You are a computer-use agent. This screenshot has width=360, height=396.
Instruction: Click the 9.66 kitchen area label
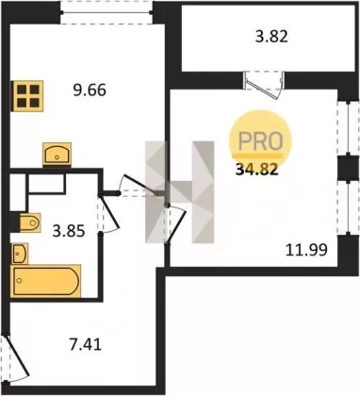point(90,91)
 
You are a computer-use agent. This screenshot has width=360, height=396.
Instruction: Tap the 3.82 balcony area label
point(271,37)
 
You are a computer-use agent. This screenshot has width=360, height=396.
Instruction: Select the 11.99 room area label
point(306,250)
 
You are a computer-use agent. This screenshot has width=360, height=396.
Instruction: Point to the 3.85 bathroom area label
point(69,232)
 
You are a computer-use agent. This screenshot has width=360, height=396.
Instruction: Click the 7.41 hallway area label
point(86,345)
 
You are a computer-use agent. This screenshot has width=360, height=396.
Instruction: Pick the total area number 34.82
point(257,171)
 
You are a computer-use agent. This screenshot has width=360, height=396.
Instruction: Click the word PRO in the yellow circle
point(261,140)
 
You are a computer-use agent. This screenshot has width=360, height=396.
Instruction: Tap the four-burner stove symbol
point(27,95)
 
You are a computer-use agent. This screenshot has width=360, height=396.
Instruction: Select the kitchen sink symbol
point(57,154)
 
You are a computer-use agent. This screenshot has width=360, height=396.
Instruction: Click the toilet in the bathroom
point(30,223)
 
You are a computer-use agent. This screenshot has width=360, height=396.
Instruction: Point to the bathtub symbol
point(46,280)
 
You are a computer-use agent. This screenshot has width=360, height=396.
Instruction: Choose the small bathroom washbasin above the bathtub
point(20,254)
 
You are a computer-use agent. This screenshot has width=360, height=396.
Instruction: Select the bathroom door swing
point(108,214)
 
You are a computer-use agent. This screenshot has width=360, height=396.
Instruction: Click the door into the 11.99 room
point(175,224)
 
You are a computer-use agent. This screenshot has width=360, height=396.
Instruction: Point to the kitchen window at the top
point(106,12)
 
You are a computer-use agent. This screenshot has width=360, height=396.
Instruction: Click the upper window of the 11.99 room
point(348,128)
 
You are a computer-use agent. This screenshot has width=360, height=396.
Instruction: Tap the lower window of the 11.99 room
point(348,207)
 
